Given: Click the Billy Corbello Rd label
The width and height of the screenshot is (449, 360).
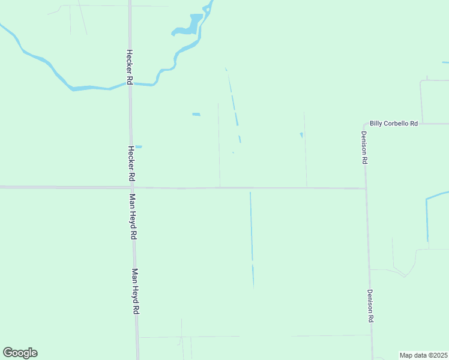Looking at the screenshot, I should coord(393,123).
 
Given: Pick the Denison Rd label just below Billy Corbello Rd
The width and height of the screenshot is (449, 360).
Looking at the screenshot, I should coord(364,148).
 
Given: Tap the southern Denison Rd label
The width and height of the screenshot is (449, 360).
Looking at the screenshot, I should coord(370,307).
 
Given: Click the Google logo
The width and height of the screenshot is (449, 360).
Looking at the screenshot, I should coord(20,353).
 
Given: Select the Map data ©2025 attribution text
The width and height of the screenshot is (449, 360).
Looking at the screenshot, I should coord(423,355).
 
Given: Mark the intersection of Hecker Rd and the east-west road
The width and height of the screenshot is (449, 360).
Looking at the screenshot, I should coord(132,188).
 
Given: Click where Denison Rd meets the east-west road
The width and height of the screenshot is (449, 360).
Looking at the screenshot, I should coord(366,188).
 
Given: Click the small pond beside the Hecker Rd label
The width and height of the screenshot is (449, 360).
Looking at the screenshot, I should coord(139,146).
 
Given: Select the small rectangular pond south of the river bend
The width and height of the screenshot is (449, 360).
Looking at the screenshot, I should coord(196,114).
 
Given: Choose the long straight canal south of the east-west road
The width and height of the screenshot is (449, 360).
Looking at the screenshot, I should coord(252,240).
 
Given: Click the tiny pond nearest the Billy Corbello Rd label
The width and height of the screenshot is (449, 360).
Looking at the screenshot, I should coord(301,134).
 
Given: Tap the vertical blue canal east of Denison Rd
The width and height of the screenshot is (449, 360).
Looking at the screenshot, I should coord(427,219).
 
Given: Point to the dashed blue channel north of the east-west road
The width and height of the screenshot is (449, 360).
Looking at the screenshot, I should coord(234,105).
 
